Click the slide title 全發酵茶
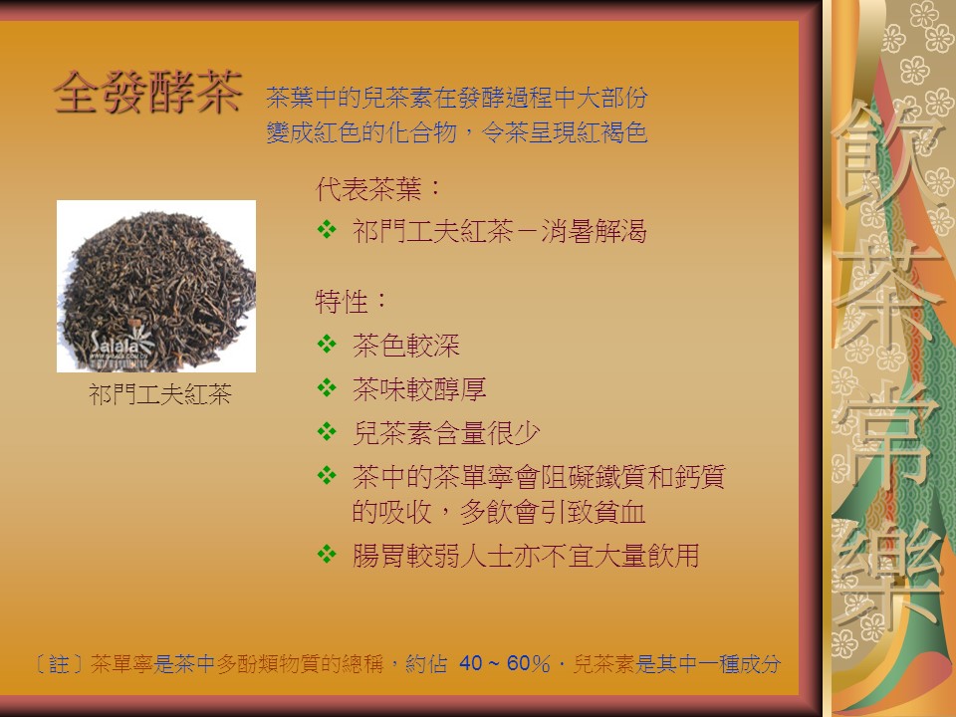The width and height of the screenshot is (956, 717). pos(148,92)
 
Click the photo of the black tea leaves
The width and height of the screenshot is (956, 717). pos(156,286)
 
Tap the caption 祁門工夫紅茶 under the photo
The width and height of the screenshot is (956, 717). pos(160,394)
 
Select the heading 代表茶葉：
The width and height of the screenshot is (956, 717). pos(378,189)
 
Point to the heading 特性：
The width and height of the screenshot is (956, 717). pos(352,301)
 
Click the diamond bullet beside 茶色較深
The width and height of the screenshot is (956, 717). pos(327,344)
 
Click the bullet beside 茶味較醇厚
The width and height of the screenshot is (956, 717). pos(327,387)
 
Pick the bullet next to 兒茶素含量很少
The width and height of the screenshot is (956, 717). pos(327,431)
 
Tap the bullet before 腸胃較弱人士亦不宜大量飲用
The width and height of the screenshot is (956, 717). pos(327,555)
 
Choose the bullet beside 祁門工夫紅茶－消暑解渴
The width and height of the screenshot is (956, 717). pos(327,229)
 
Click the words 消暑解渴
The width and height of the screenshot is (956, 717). pos(594,231)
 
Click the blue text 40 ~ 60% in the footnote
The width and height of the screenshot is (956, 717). pos(504,663)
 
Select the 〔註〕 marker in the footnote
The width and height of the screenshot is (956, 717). pos(59,663)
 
